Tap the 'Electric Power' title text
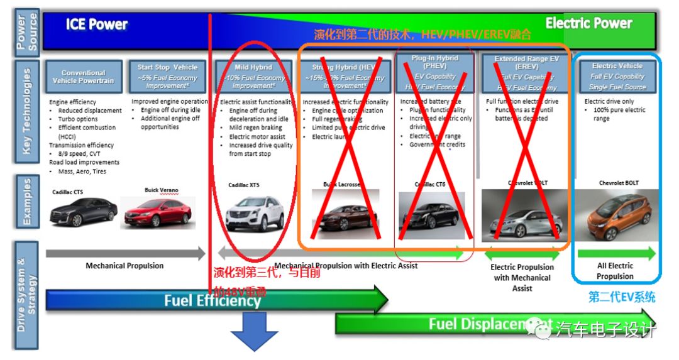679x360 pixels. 588,24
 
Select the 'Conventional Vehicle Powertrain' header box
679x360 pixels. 83,77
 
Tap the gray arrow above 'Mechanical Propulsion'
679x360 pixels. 126,254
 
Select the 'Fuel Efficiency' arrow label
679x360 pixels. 213,300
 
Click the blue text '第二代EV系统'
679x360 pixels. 621,297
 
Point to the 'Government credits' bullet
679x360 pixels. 437,145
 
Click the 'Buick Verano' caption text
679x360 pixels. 162,190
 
